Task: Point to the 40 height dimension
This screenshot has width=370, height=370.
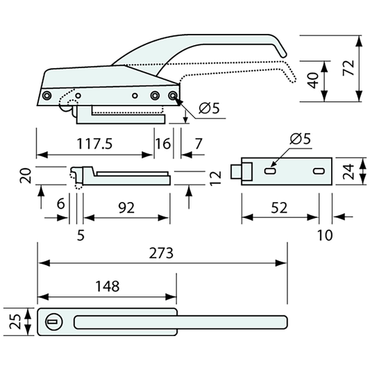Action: point(314,80)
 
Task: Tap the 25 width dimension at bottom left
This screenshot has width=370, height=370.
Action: point(12,321)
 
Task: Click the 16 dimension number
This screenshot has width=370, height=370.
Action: point(162,144)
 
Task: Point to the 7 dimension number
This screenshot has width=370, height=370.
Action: point(199,144)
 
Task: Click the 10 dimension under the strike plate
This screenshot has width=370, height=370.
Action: point(324,235)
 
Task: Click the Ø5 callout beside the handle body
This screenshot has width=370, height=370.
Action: point(209,108)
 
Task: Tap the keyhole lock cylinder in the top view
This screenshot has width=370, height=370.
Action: point(53,321)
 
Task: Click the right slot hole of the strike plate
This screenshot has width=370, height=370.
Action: point(318,170)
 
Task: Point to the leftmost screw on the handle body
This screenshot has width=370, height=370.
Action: point(47,95)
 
